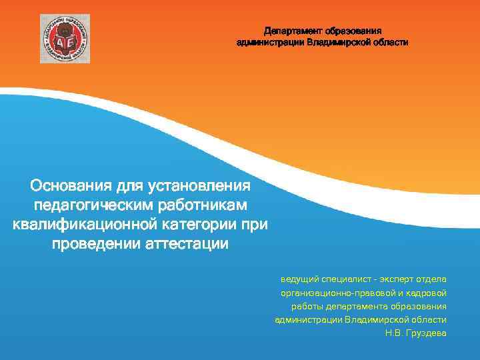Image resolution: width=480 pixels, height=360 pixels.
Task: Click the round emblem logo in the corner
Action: [65, 38]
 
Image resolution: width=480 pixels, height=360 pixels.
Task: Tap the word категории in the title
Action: [201, 224]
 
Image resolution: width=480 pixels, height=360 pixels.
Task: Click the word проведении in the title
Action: [96, 243]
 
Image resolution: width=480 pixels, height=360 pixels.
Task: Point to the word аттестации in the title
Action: [187, 243]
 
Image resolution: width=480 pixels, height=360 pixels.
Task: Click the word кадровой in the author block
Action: [425, 293]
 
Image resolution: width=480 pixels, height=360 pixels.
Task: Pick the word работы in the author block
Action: [305, 306]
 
